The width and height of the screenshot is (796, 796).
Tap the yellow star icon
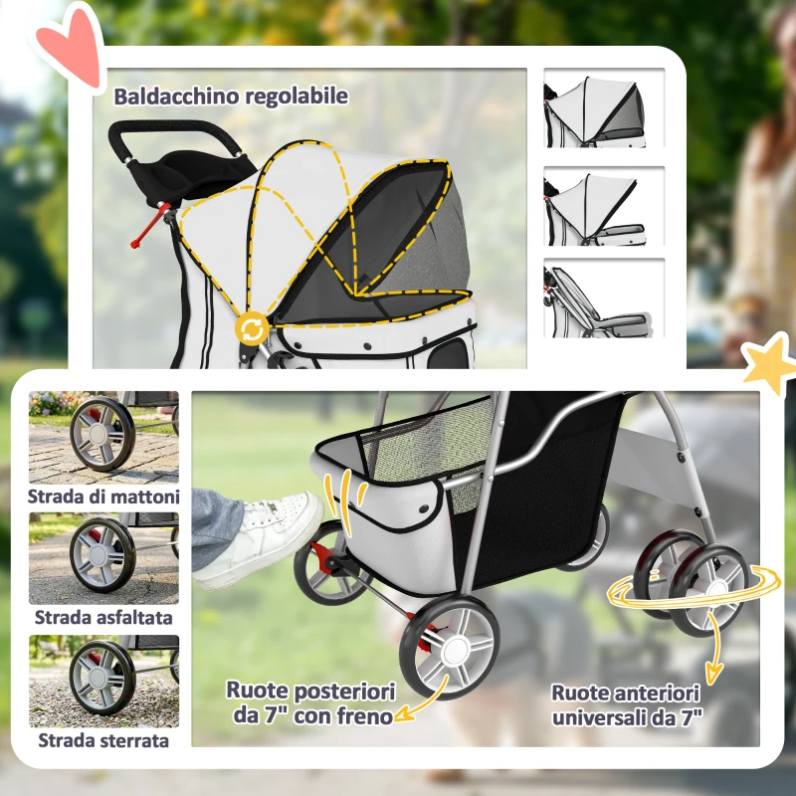coord(768,365)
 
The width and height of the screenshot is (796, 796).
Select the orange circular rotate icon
coord(251,329)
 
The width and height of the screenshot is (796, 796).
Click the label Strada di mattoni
coord(103,496)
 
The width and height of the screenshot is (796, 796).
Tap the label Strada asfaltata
coord(103,618)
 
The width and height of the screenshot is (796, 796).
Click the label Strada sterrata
coord(103,740)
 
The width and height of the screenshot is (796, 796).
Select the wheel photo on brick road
coord(103,437)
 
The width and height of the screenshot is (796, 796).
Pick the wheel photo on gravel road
coord(103,682)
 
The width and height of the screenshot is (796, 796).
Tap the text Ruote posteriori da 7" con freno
coord(310,701)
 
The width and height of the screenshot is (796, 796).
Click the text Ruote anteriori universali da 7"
coord(626,703)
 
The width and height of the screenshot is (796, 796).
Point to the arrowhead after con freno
coord(402,713)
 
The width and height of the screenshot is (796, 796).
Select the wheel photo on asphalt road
coord(103,558)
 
